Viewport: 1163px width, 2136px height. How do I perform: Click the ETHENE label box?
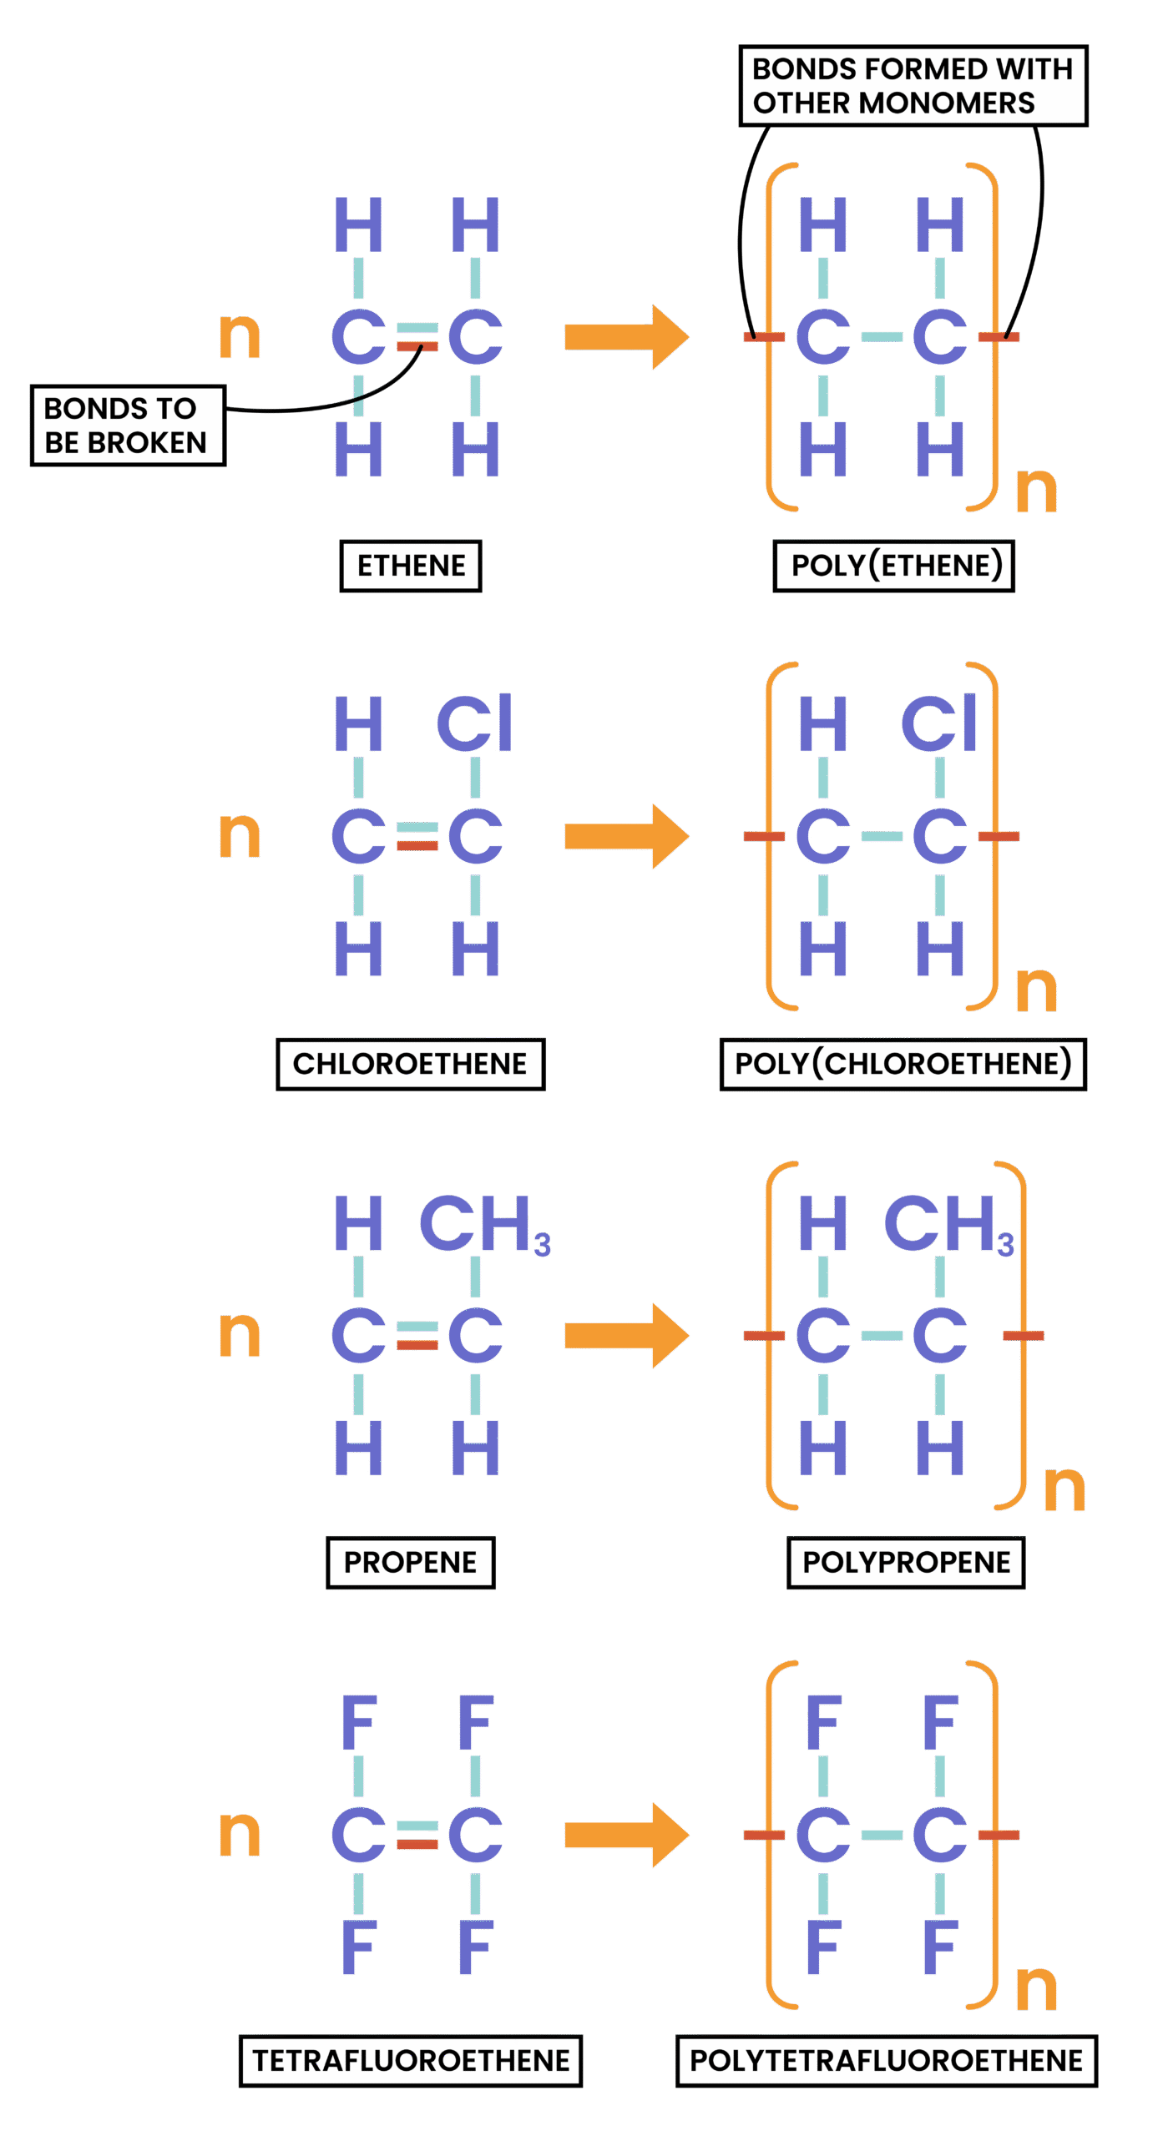click(410, 566)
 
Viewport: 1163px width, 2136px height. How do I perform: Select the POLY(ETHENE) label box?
click(893, 566)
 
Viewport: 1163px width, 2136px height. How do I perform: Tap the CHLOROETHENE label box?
click(410, 1064)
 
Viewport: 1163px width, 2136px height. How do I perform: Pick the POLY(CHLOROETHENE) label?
click(903, 1064)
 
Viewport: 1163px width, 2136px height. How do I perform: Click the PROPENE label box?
click(410, 1562)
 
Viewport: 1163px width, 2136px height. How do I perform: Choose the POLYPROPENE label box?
click(906, 1562)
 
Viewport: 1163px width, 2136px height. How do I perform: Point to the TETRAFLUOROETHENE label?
click(410, 2060)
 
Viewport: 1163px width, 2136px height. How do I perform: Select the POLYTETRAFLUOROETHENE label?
click(886, 2060)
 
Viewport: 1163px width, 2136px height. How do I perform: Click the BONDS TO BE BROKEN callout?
click(127, 426)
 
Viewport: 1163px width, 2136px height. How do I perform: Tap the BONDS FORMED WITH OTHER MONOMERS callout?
click(913, 86)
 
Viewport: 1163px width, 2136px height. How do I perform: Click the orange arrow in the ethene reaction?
click(626, 336)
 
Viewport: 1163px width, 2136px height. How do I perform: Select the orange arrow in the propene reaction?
click(626, 1335)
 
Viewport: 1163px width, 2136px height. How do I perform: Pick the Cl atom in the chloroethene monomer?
click(473, 723)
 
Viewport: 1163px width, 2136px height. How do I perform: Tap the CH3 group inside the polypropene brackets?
click(948, 1223)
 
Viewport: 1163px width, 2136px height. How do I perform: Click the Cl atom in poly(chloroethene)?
click(938, 723)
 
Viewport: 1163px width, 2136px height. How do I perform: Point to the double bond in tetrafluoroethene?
click(417, 1835)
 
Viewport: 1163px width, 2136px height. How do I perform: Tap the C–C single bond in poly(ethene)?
click(882, 337)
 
